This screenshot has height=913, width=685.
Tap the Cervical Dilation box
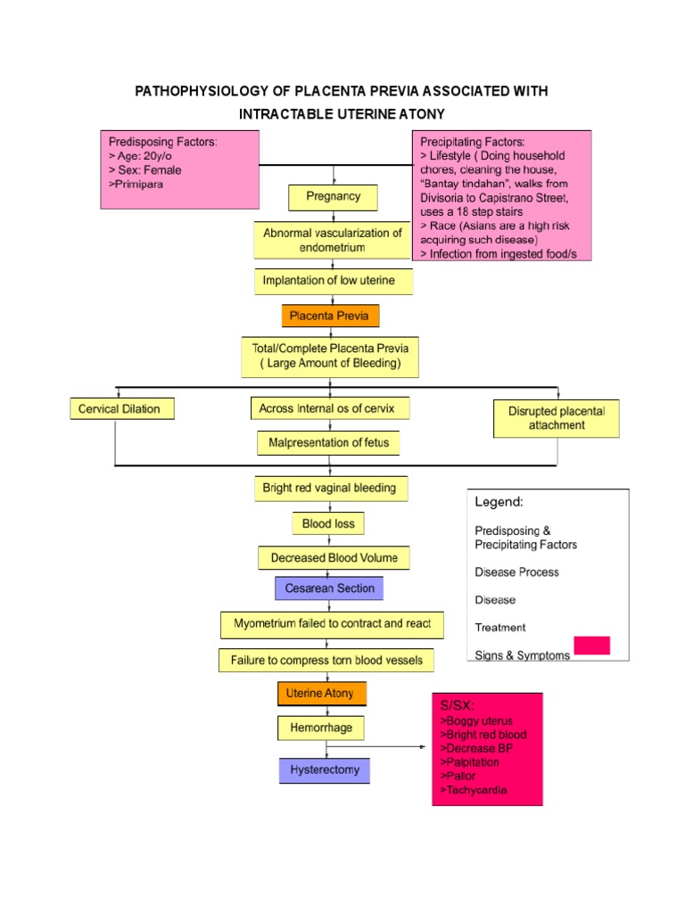click(121, 408)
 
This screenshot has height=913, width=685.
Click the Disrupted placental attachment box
click(557, 419)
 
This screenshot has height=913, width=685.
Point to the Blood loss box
click(328, 523)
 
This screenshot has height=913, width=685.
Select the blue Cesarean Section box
click(329, 588)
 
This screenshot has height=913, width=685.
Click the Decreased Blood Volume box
click(328, 558)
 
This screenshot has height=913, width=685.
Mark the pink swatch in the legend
click(592, 646)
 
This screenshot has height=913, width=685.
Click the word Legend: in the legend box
click(499, 503)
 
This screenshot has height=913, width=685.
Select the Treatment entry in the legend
click(500, 627)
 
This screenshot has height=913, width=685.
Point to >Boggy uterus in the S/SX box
click(476, 720)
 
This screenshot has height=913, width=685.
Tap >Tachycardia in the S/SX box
click(475, 791)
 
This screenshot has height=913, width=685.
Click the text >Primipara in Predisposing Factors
click(136, 184)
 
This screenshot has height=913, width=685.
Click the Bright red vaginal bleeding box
click(329, 489)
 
